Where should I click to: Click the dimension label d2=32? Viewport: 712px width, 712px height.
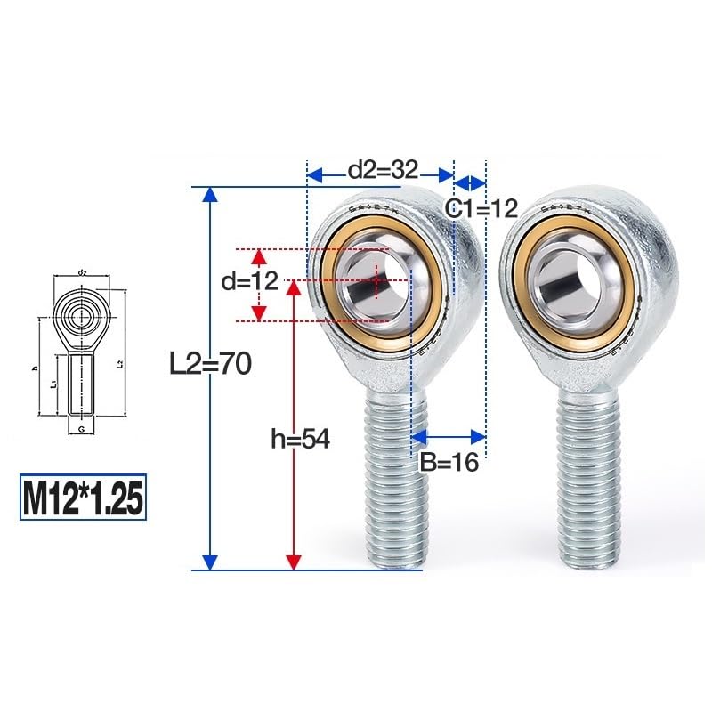(x=382, y=170)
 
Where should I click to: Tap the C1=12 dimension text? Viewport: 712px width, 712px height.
(x=481, y=209)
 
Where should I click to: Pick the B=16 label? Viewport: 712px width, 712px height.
(x=449, y=462)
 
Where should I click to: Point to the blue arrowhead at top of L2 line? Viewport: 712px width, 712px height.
(x=210, y=195)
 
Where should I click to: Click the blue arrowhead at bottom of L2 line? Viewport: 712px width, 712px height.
(x=210, y=561)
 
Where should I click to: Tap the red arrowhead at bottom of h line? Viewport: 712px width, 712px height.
(x=293, y=561)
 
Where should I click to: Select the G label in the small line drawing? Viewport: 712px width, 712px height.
(x=81, y=428)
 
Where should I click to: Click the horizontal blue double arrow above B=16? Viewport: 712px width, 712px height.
(x=449, y=436)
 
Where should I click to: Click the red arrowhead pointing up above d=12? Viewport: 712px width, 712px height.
(x=258, y=257)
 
